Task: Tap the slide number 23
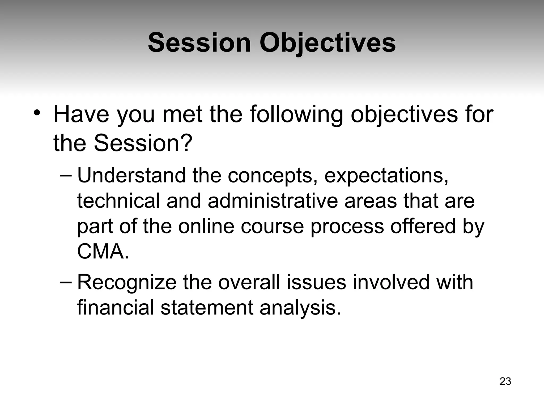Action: point(505,381)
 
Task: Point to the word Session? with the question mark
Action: point(143,143)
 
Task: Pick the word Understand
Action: point(131,176)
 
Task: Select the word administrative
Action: point(273,201)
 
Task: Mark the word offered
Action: point(423,226)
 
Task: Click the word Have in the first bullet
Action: point(81,115)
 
